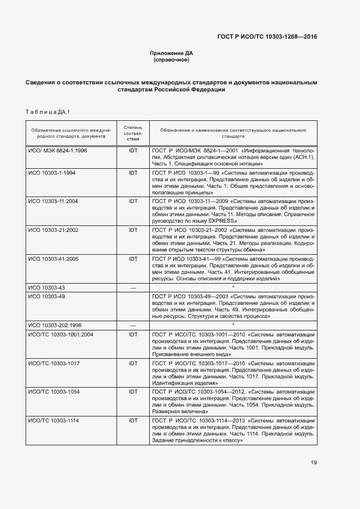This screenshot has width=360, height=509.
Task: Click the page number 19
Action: click(314, 463)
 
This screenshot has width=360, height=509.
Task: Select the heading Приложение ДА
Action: click(172, 53)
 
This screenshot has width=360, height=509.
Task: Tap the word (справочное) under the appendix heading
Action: click(172, 60)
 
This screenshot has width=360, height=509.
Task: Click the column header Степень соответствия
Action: click(132, 133)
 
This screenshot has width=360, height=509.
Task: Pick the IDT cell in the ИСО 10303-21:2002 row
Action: click(132, 230)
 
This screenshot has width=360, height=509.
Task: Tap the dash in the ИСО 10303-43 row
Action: click(132, 287)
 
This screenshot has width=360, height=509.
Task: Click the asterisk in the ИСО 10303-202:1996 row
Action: click(233, 325)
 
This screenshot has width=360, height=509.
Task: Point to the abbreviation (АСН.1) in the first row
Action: click(302, 157)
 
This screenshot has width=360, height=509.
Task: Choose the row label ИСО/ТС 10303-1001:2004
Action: click(61, 334)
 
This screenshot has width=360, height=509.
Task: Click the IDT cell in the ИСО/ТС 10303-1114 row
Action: click(132, 420)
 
